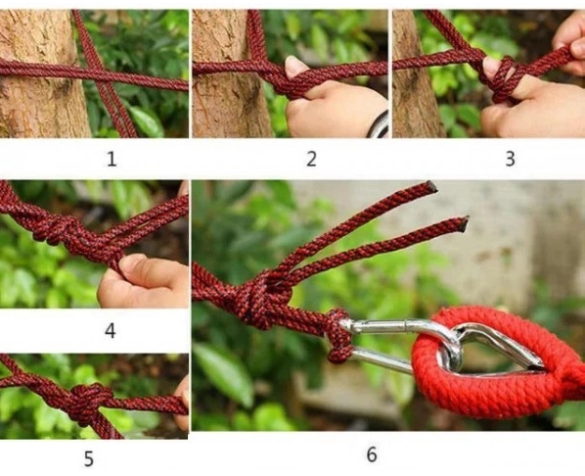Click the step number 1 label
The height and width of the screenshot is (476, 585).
coord(112,160)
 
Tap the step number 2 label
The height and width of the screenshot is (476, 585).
coord(311,159)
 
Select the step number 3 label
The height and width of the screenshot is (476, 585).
coord(510,159)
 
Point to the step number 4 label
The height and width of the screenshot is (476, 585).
coord(111,331)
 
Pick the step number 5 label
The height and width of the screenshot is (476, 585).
coord(88,459)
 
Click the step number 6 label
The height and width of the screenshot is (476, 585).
coord(372,454)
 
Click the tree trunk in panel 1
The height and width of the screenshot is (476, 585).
coord(41,73)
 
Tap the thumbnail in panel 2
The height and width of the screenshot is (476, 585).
coord(295,67)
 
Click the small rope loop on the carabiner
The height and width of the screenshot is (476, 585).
coord(338,335)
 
